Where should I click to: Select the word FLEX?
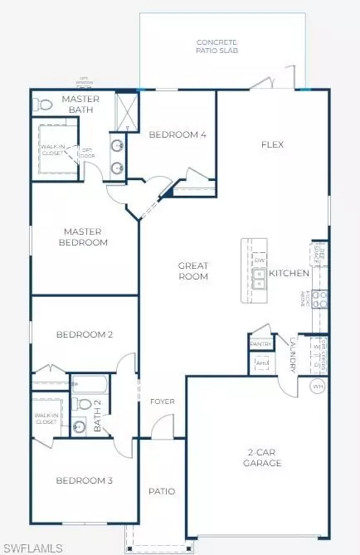(272, 144)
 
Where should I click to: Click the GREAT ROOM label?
(192, 271)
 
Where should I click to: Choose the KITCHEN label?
(289, 273)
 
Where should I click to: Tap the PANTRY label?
(260, 343)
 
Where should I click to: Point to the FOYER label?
(161, 402)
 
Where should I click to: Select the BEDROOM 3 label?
(84, 480)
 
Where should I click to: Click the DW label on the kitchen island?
(259, 261)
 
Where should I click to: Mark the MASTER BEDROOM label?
(83, 237)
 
